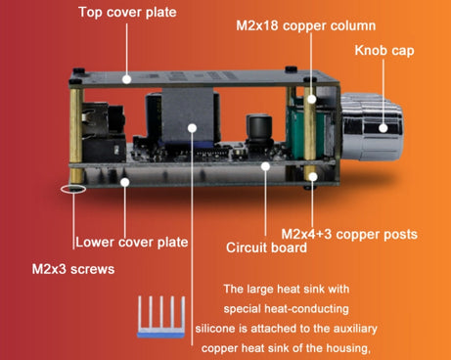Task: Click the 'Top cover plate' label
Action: click(127, 13)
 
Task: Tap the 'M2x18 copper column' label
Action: click(306, 25)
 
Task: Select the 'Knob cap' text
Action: click(384, 51)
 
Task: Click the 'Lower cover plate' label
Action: click(132, 243)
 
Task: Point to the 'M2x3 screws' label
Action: click(73, 269)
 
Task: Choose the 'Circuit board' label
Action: click(266, 247)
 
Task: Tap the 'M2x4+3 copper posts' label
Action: click(349, 234)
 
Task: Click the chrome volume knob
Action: click(372, 127)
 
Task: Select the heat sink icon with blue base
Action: click(161, 317)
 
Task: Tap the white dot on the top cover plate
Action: click(127, 79)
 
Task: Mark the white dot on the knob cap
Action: click(383, 128)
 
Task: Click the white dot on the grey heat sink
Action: click(193, 128)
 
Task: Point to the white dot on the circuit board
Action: click(265, 166)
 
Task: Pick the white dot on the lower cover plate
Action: click(125, 182)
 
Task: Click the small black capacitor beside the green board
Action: click(259, 129)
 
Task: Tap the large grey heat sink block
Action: click(188, 114)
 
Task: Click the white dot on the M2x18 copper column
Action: click(312, 99)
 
